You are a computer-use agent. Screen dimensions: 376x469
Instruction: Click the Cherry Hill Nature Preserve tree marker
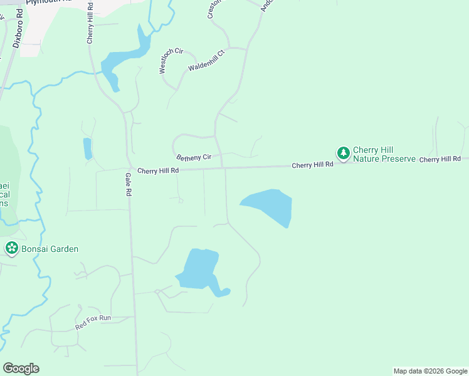tap(343, 153)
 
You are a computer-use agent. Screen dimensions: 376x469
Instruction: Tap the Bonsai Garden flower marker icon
tap(11, 248)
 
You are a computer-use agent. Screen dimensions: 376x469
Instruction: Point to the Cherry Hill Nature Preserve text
tap(384, 154)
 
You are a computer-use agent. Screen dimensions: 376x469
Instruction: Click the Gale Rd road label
tap(127, 185)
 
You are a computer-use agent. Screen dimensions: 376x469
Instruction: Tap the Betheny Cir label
tap(194, 157)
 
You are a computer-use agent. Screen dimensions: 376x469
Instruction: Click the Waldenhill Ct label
tap(206, 61)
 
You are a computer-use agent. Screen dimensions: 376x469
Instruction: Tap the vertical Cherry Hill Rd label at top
tap(90, 23)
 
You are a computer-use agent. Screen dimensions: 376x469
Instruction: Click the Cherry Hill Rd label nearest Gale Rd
tap(158, 170)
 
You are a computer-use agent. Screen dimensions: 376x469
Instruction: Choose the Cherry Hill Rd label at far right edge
tap(440, 160)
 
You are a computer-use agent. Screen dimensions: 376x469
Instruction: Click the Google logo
tap(21, 368)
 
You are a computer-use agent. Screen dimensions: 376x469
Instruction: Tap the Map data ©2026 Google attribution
tap(430, 371)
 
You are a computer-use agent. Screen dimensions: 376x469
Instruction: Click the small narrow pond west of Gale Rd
tap(87, 149)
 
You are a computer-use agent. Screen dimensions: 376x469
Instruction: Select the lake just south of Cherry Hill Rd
tap(270, 204)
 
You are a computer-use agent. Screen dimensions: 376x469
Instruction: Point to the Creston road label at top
tap(211, 9)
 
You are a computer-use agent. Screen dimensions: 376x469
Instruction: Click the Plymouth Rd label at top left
tap(51, 2)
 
